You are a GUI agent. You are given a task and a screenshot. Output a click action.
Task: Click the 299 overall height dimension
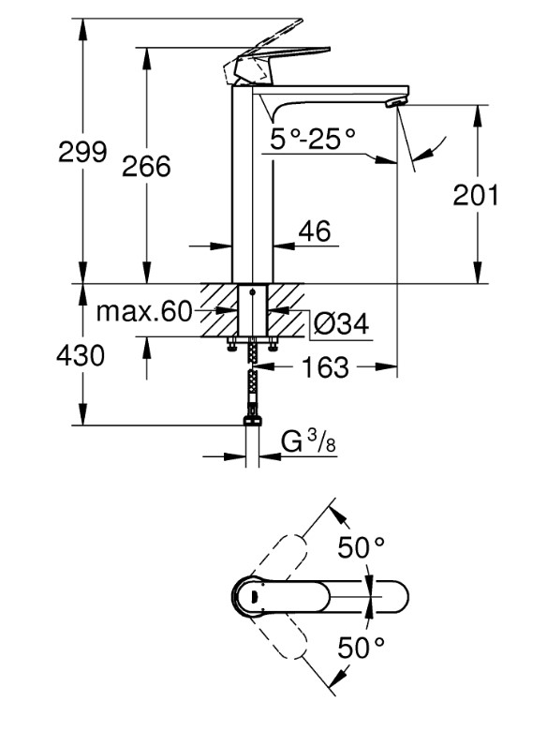pyautogui.click(x=82, y=153)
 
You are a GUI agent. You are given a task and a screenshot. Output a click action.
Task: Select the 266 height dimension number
pyautogui.click(x=146, y=167)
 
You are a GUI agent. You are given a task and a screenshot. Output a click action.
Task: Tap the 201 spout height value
pyautogui.click(x=476, y=195)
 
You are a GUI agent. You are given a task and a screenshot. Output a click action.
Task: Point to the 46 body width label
pyautogui.click(x=316, y=231)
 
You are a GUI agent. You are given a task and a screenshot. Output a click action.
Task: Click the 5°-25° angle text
pyautogui.click(x=313, y=139)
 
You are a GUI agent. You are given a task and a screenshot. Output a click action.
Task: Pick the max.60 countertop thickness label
pyautogui.click(x=144, y=311)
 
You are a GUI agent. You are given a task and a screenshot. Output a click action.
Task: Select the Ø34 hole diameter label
pyautogui.click(x=341, y=323)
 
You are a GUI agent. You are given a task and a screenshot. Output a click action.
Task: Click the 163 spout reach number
pyautogui.click(x=325, y=366)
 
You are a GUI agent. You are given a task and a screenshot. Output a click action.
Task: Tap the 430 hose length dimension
pyautogui.click(x=81, y=355)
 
